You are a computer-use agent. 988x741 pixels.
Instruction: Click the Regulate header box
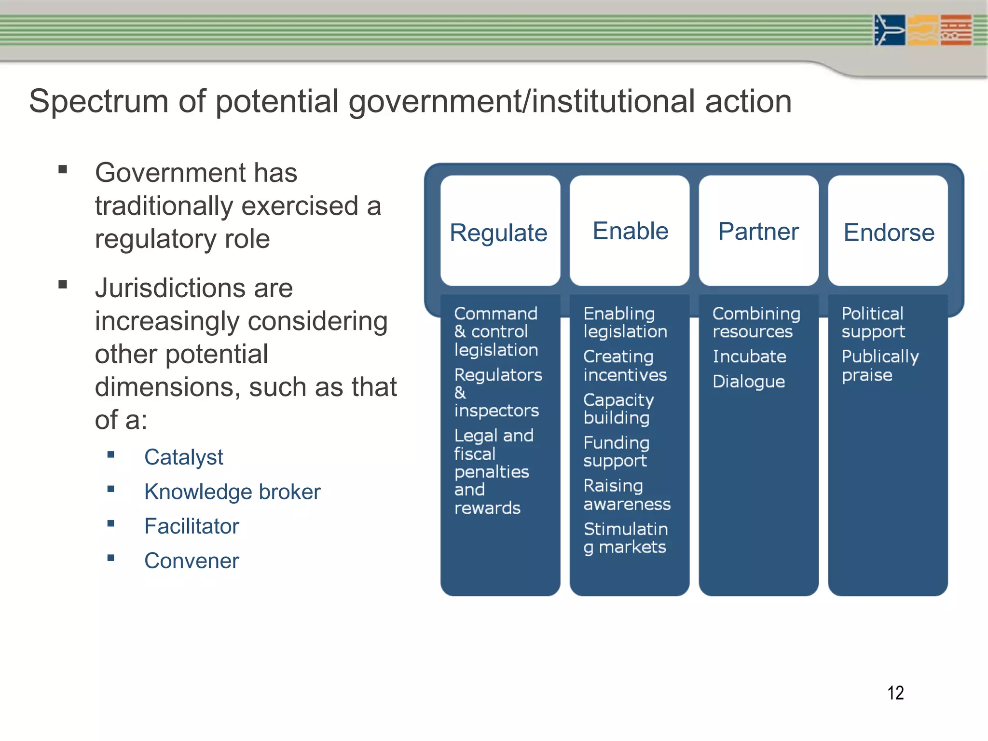(500, 231)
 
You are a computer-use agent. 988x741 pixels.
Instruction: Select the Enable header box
(630, 231)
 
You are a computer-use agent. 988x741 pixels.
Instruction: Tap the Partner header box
(758, 231)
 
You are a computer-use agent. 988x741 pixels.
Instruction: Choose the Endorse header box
(888, 231)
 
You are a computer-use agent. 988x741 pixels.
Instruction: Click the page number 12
(895, 693)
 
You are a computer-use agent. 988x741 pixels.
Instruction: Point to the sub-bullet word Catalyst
(183, 457)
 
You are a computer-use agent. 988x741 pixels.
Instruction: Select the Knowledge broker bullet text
(232, 492)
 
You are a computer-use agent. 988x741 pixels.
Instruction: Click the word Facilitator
(192, 526)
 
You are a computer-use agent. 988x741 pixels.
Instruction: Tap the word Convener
(192, 561)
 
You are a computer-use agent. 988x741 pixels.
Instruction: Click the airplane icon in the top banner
(889, 30)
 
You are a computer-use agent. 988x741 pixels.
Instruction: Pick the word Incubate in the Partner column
(749, 357)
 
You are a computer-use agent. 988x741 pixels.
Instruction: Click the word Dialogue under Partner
(749, 382)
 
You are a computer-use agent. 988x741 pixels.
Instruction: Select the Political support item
(873, 322)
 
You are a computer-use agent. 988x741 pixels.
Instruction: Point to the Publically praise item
(880, 365)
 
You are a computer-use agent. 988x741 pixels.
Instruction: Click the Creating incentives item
(625, 365)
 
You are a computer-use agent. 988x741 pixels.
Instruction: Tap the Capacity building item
(618, 409)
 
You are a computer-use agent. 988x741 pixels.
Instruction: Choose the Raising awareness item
(627, 494)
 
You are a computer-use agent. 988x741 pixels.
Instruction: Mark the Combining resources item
(756, 322)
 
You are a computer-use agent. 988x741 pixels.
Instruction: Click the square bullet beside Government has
(63, 169)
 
